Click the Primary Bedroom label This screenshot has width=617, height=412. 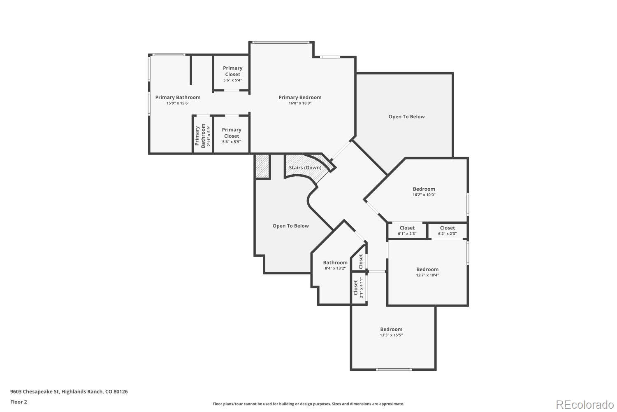300,97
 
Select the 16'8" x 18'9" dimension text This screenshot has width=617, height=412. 300,103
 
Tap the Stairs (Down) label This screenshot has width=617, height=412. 305,168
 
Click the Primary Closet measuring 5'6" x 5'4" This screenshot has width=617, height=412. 232,74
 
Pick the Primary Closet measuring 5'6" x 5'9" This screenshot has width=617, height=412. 231,136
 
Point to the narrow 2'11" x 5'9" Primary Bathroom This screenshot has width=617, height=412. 203,136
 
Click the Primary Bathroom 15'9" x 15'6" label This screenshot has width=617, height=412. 178,98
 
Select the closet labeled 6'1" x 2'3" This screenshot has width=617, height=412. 407,230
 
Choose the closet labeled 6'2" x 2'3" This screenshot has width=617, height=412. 448,230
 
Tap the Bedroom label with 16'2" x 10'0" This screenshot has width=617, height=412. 424,189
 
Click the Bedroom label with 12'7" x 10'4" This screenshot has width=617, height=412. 427,269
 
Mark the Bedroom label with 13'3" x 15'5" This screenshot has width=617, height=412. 391,329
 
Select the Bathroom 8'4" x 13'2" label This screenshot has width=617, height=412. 335,262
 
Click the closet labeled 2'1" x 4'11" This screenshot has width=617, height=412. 358,288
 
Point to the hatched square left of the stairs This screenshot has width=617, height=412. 262,166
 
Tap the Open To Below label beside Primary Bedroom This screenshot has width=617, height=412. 406,117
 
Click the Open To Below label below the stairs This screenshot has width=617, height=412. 290,226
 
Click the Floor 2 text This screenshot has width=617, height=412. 19,402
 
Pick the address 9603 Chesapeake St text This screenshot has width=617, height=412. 69,391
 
